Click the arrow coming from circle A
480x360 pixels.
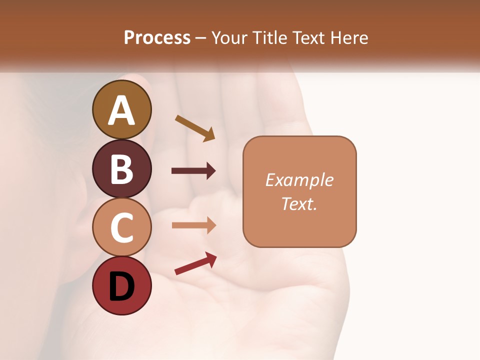click(195, 128)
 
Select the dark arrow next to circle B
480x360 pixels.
click(193, 171)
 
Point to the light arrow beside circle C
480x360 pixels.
click(193, 225)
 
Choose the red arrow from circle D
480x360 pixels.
click(195, 263)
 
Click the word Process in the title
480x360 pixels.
click(157, 38)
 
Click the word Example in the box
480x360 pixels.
click(299, 180)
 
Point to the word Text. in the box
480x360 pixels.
click(299, 204)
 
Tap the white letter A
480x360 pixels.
click(122, 110)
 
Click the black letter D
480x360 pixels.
click(122, 286)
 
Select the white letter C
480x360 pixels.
click(122, 227)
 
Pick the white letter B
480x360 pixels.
click(122, 169)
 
